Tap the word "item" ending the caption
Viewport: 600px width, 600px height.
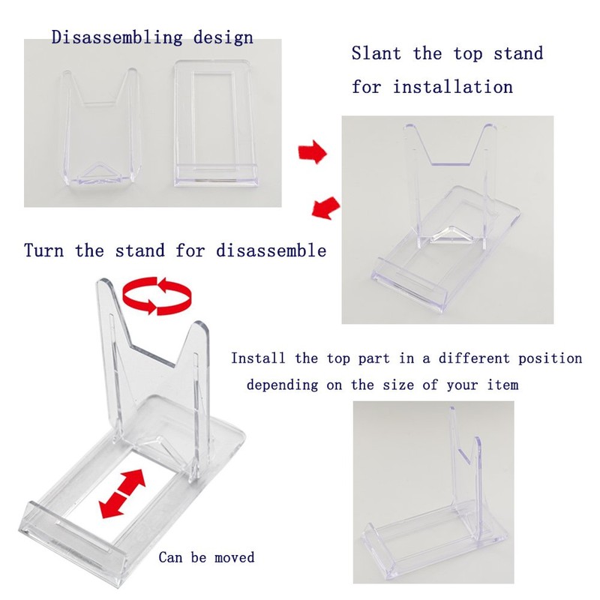click(x=502, y=385)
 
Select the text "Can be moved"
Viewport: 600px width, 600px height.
click(x=206, y=557)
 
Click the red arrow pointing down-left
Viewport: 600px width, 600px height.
click(x=324, y=207)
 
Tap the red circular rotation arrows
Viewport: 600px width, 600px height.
click(x=157, y=297)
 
